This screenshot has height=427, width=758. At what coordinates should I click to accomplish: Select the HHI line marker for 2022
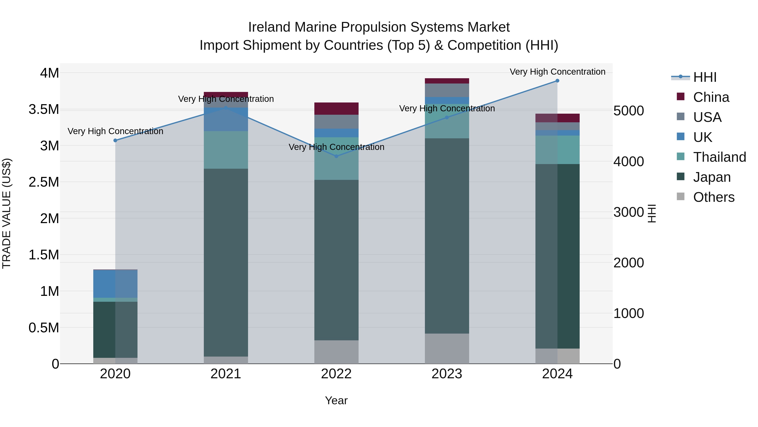[x=336, y=156]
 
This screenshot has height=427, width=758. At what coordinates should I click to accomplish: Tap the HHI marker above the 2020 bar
[x=115, y=141]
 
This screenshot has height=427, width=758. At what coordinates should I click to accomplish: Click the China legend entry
[x=711, y=97]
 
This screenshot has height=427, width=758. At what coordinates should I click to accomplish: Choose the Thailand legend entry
[x=719, y=157]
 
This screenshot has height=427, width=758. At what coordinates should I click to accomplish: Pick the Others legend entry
[x=713, y=197]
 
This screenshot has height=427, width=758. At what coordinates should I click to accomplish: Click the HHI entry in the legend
[x=705, y=77]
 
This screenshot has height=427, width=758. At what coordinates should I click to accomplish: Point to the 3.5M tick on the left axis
[x=44, y=109]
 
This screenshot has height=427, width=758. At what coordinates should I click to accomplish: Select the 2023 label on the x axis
[x=447, y=374]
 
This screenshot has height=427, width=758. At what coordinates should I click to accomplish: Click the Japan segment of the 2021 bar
[x=226, y=262]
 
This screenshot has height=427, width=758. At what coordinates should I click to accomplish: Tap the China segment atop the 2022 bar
[x=336, y=108]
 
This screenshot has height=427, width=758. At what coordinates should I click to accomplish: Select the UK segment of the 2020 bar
[x=115, y=283]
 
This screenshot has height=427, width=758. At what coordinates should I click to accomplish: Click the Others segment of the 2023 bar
[x=447, y=348]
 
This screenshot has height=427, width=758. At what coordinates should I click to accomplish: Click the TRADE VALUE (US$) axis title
[x=7, y=213]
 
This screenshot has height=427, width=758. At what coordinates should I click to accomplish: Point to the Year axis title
[x=336, y=400]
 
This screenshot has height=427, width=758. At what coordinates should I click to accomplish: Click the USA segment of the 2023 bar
[x=447, y=90]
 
